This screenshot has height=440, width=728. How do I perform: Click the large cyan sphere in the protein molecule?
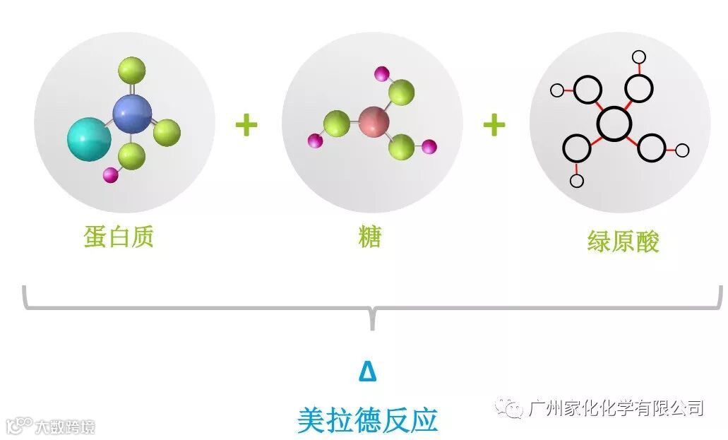[x=89, y=139]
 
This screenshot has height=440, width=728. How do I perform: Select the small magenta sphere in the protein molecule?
[x=109, y=174]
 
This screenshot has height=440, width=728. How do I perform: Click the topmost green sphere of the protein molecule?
[x=131, y=71]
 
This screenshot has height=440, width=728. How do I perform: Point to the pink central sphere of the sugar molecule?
[x=374, y=121]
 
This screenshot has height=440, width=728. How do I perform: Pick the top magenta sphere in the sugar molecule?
[x=382, y=73]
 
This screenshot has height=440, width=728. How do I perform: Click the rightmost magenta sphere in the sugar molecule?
[x=429, y=147]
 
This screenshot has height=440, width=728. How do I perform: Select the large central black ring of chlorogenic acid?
[x=614, y=124]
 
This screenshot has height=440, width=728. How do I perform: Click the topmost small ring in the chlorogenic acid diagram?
[x=639, y=57]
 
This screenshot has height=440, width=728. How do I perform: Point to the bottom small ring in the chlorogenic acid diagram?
[x=577, y=181]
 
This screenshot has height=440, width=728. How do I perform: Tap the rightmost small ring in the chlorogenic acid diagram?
[x=682, y=150]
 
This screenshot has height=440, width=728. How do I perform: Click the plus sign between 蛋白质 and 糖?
[x=246, y=125]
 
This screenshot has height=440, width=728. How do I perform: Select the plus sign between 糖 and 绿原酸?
[x=494, y=125]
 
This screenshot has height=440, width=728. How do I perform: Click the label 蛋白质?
[x=119, y=237]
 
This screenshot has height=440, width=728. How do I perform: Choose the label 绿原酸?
[x=623, y=242]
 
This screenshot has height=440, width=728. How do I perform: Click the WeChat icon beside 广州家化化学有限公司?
[x=509, y=408]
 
